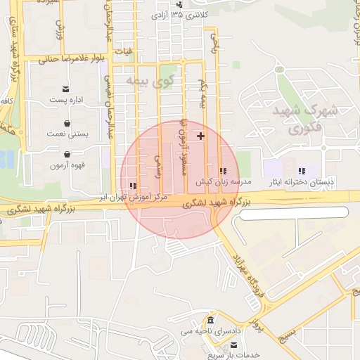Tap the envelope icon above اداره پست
66,89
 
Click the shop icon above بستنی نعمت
67,122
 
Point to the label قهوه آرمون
67,166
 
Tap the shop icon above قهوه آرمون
67,154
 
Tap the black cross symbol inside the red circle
201,134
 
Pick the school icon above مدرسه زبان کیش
224,171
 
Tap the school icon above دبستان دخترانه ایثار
302,171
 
